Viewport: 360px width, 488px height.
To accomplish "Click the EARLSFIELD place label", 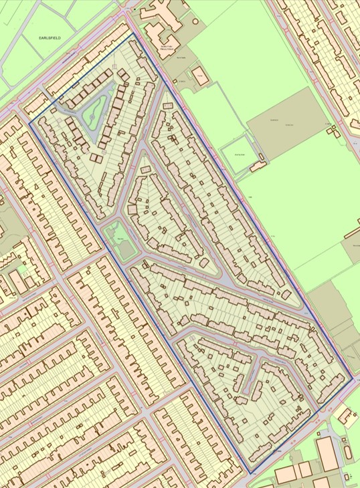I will click(50, 39).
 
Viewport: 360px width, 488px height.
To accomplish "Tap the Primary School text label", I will click(167, 47).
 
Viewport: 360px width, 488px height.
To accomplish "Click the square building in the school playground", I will click(199, 74).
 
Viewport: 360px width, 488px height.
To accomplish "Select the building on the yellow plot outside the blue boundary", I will click(349, 414).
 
